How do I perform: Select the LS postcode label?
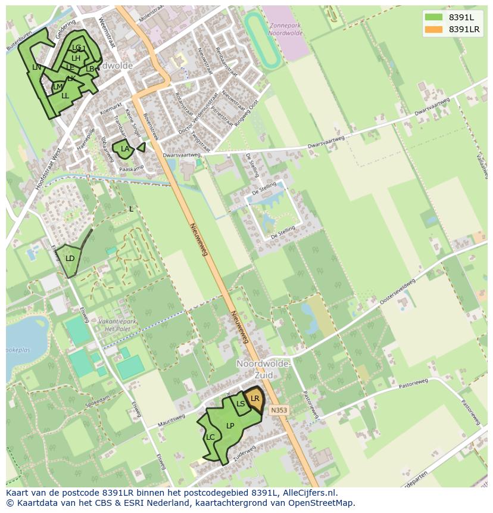(241, 404)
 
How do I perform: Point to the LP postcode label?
(230, 426)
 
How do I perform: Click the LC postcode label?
(210, 437)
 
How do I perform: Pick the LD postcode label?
(70, 259)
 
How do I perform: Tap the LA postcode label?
(125, 149)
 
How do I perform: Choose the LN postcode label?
(37, 67)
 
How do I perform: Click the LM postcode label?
(58, 88)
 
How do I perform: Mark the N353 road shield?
(278, 410)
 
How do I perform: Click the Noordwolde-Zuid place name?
(263, 369)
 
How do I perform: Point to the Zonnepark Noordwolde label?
(286, 29)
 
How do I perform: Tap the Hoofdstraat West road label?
(48, 170)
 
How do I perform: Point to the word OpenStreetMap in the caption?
(324, 503)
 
